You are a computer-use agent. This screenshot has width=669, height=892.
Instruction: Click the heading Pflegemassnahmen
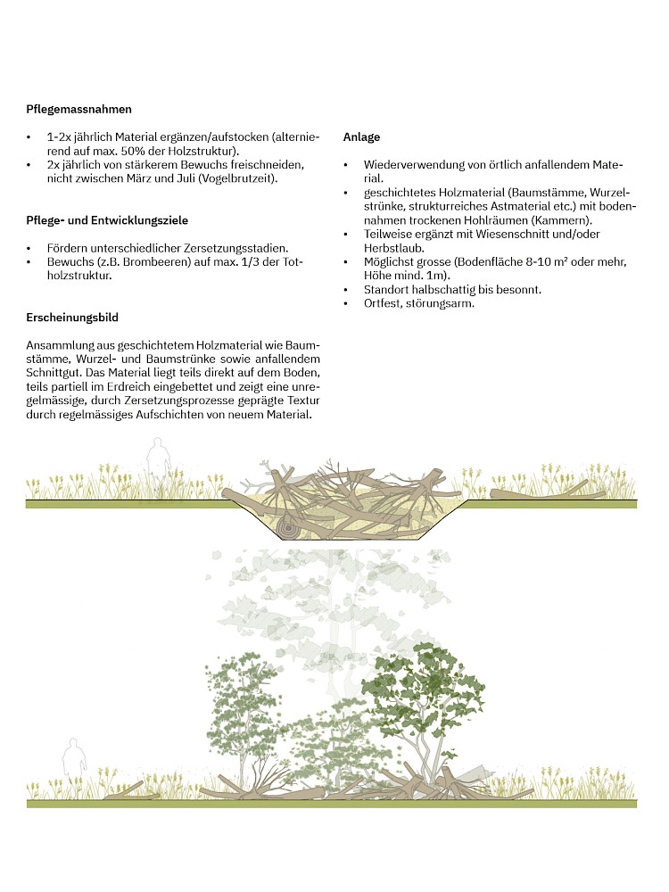click(x=79, y=110)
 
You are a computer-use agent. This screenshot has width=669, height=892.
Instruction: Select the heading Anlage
click(x=361, y=137)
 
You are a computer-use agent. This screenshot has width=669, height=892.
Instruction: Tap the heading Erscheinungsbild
click(x=73, y=318)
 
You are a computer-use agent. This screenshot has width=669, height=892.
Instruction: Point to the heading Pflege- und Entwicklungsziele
click(x=107, y=220)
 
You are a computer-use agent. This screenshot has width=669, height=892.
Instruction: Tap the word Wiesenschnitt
click(x=532, y=235)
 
